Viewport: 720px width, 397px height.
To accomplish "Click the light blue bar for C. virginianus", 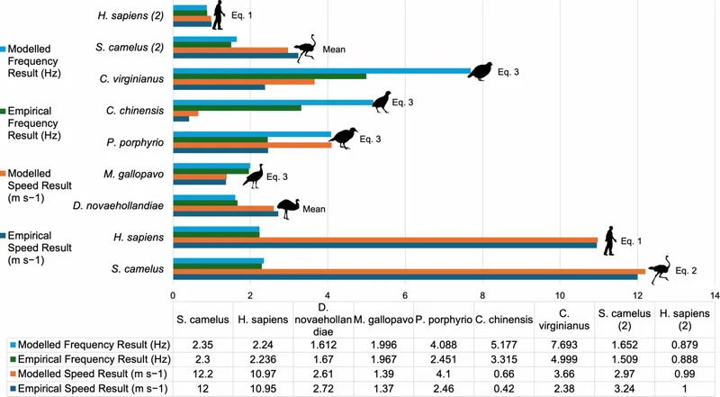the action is [322, 71].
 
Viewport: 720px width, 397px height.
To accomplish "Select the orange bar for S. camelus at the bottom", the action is [409, 271].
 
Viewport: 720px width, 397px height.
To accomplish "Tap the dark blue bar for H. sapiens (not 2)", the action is [385, 246].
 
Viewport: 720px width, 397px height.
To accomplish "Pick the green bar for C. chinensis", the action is [237, 108].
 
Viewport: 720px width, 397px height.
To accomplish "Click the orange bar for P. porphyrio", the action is [252, 145].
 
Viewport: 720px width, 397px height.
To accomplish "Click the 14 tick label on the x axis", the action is [714, 295].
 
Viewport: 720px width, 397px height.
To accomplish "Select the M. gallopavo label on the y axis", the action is [133, 174].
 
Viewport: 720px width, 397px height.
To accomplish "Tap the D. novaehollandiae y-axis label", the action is [118, 206].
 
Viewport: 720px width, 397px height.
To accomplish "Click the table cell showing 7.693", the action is [564, 345].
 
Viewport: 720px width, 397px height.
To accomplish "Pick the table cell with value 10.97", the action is [263, 374].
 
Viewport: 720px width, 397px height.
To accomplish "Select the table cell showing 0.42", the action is [504, 389].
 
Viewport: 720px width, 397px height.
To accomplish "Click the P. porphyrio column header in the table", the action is [444, 320].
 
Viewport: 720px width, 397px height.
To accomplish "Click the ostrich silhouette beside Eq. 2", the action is [660, 268].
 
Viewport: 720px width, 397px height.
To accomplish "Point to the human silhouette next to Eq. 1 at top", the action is [219, 14].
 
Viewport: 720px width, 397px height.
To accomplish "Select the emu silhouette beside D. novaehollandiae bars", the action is [288, 209].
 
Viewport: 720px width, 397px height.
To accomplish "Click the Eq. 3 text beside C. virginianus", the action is [508, 72].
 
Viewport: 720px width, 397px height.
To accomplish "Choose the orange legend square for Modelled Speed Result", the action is [4, 174].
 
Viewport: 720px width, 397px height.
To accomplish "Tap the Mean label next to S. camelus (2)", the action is [334, 50].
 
